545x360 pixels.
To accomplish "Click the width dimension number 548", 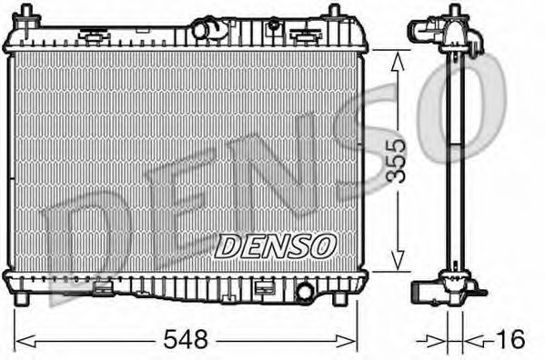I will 186,340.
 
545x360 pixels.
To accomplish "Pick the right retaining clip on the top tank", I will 303,36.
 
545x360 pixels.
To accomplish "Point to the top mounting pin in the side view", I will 452,14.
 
